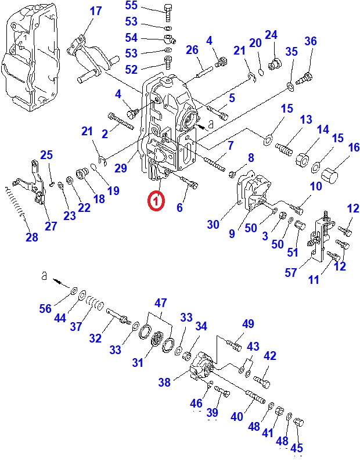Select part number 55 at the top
pyautogui.click(x=132, y=6)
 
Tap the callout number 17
pyautogui.click(x=95, y=10)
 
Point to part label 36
pyautogui.click(x=311, y=41)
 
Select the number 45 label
pyautogui.click(x=297, y=448)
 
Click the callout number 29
pyautogui.click(x=121, y=168)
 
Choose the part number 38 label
pyautogui.click(x=164, y=382)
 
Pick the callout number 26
pyautogui.click(x=192, y=50)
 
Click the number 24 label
pyautogui.click(x=271, y=35)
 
